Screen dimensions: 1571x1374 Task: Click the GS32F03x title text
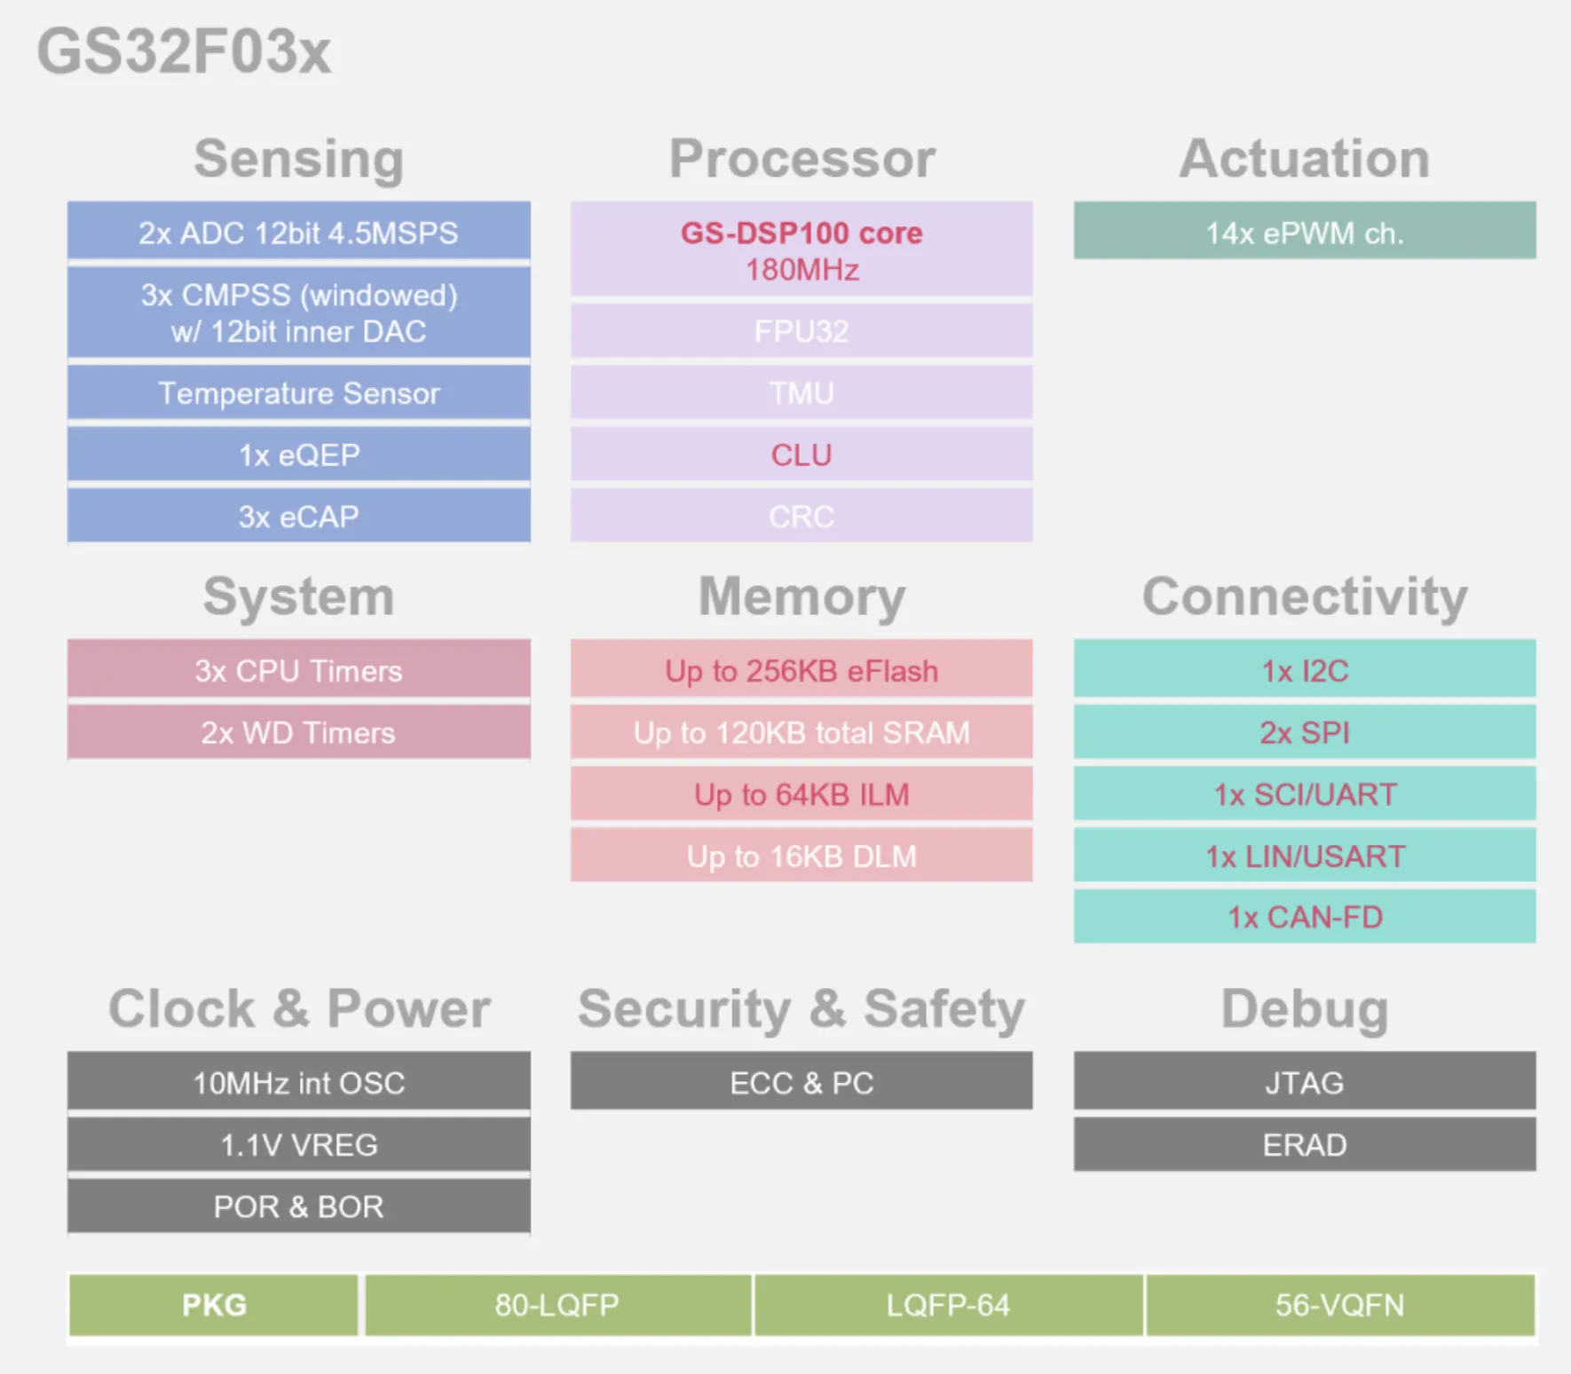click(184, 51)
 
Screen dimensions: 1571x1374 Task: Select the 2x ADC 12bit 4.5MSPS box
click(299, 231)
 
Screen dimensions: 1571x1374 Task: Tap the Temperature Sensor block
click(299, 392)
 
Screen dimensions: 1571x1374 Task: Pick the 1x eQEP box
click(299, 454)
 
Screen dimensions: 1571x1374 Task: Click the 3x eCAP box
click(299, 516)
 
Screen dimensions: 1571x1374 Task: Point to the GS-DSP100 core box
click(801, 249)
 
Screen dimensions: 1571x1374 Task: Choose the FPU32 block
click(801, 330)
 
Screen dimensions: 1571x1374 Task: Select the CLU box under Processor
click(801, 454)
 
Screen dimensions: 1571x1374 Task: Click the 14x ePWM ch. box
click(1305, 231)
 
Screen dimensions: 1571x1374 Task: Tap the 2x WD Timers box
click(299, 732)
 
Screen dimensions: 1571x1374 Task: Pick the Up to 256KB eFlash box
click(801, 668)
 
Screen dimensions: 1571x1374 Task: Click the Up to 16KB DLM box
click(801, 855)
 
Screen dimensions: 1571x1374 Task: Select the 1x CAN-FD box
click(1305, 916)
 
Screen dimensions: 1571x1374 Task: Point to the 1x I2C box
click(1305, 668)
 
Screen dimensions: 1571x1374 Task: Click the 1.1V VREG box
click(299, 1144)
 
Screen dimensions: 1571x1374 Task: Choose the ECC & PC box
click(801, 1081)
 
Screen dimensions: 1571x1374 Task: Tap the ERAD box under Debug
click(1305, 1144)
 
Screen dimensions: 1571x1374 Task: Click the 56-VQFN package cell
click(1340, 1305)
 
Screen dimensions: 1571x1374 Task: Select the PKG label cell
click(214, 1305)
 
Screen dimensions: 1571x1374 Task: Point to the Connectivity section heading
click(1305, 596)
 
